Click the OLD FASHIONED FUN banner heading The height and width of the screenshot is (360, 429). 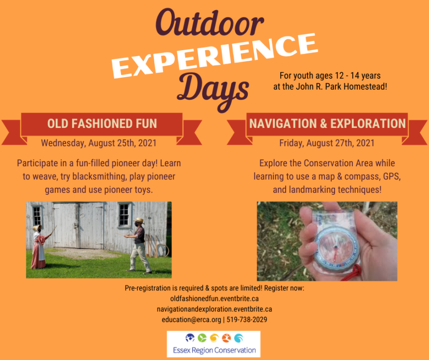102,123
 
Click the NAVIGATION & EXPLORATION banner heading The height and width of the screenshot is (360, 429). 327,123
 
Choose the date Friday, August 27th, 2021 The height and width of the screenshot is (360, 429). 326,143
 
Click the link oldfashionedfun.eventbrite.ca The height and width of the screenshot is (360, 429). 214,299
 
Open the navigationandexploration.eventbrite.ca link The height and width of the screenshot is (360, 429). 214,309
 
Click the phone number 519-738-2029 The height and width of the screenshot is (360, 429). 246,320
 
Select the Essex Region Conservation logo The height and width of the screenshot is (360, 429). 214,344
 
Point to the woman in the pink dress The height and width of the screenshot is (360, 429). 38,246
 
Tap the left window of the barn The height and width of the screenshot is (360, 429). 37,216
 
